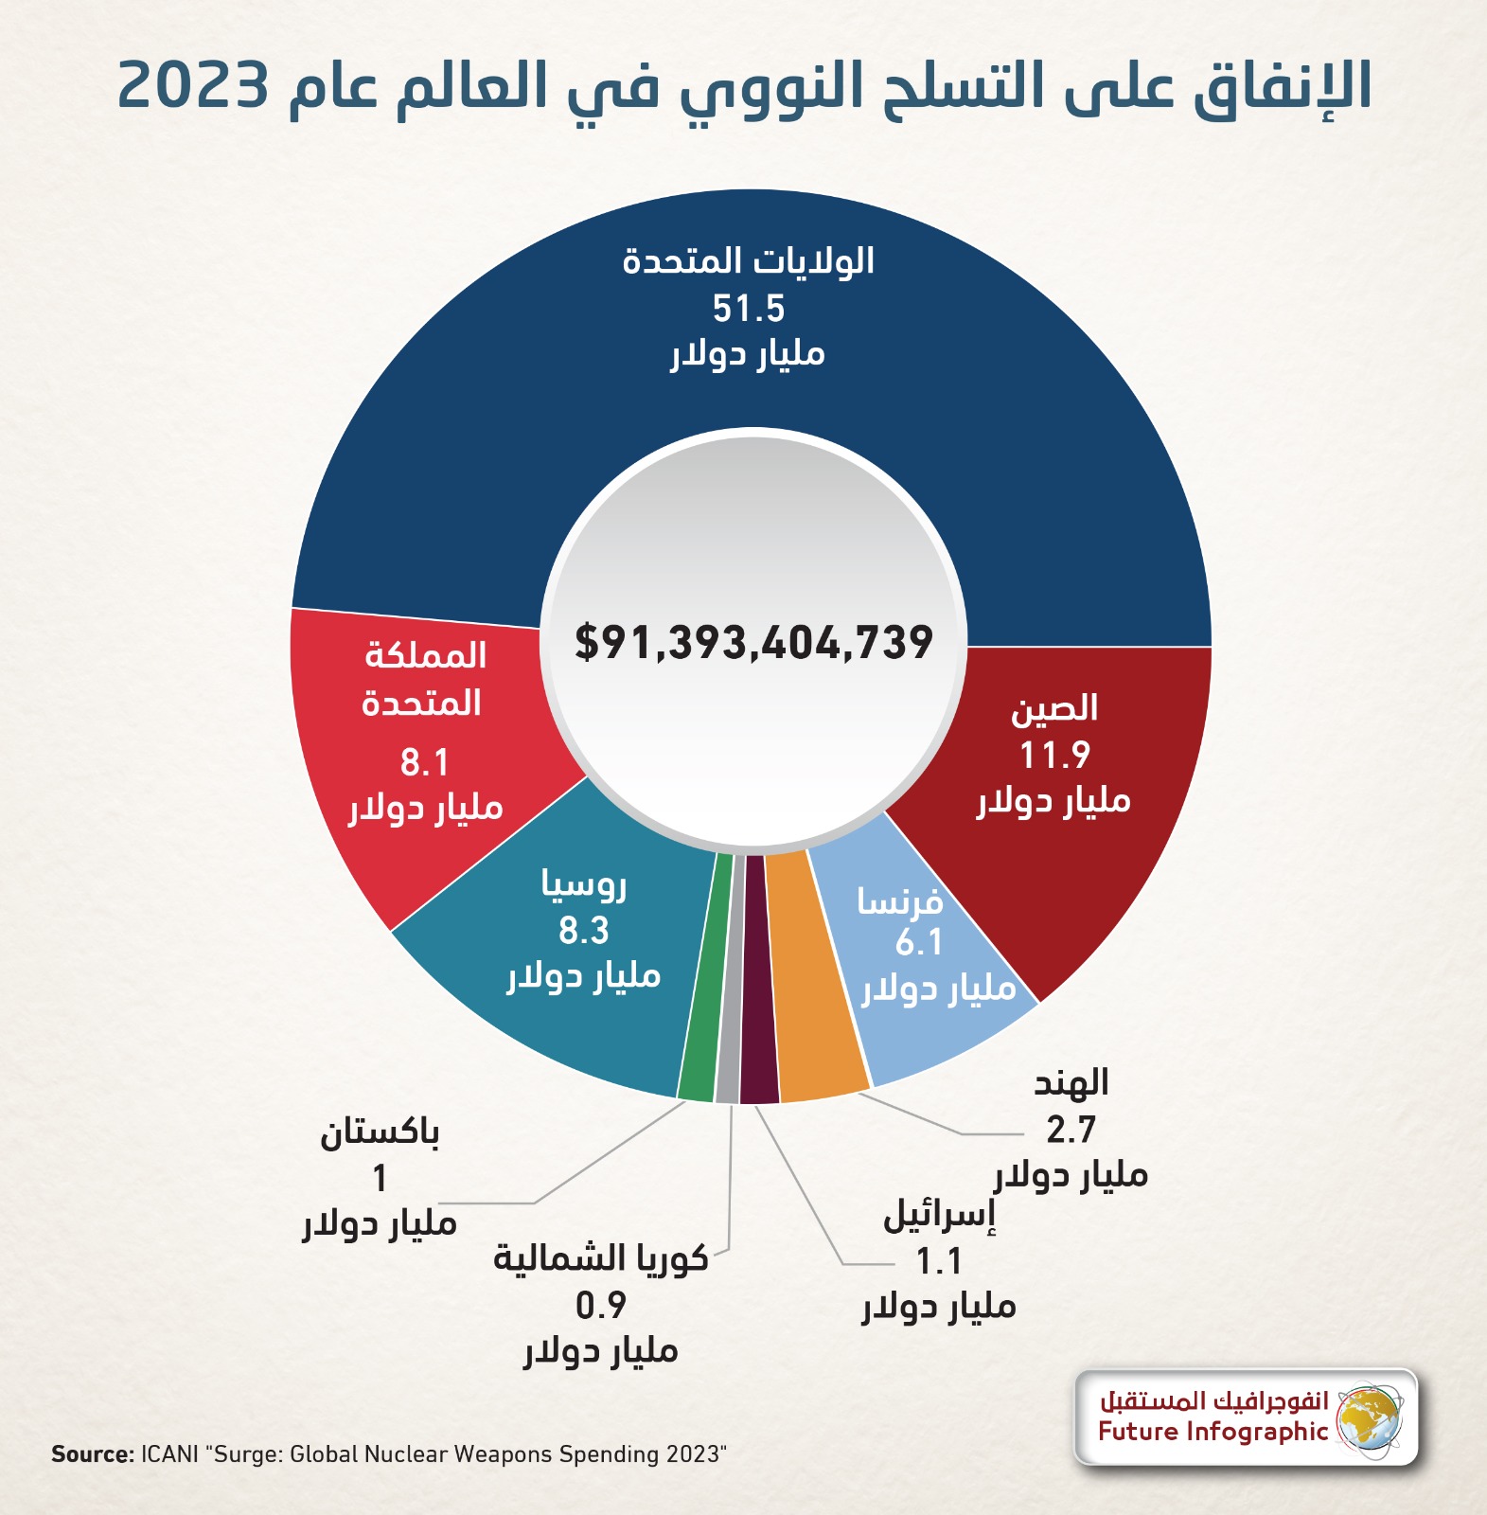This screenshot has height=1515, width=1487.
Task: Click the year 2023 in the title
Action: coord(195,87)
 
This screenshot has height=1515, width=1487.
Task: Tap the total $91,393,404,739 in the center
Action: coord(753,643)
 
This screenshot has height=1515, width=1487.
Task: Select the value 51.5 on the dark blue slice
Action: coord(748,309)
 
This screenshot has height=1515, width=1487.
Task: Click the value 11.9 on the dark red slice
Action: coord(1054,756)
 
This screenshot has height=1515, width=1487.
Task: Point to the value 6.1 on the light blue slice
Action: coord(919,943)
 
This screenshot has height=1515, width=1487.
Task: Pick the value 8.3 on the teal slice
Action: coord(583,931)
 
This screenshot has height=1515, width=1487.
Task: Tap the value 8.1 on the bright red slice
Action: coord(423,762)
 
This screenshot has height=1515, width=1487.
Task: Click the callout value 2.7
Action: coord(1071,1130)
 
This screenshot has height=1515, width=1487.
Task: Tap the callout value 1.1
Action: coord(938,1261)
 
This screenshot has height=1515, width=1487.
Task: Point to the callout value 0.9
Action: coord(601,1306)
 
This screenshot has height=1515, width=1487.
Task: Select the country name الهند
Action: coord(1071,1083)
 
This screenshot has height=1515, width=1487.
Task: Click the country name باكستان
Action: coord(380,1132)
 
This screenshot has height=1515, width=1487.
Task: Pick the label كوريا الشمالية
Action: coord(601,1258)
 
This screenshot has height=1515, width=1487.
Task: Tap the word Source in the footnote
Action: coord(92,1454)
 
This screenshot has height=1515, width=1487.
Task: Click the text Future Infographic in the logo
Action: coord(1213,1432)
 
